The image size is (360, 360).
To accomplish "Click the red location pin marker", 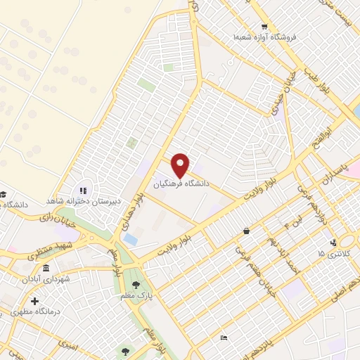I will click(181, 165).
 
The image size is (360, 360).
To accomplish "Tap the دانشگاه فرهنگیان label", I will click(181, 184).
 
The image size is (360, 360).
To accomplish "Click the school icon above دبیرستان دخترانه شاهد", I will click(82, 190).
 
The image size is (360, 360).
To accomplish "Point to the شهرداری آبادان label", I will click(45, 279).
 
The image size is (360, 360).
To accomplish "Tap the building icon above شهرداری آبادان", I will click(46, 269).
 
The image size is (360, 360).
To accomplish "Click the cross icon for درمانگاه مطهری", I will click(34, 301).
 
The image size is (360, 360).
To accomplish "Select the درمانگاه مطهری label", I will click(34, 311).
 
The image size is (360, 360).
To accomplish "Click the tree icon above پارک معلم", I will click(135, 284).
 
